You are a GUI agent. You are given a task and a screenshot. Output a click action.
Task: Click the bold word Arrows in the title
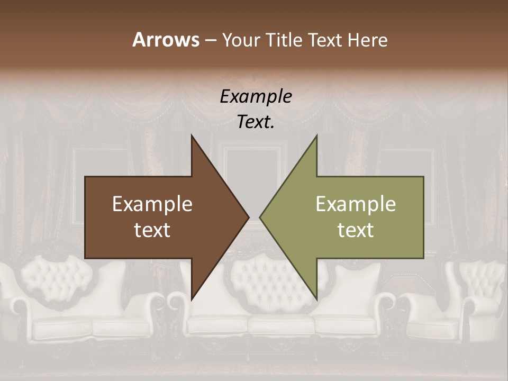point(166,40)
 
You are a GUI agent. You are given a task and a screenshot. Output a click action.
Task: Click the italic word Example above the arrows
point(256,97)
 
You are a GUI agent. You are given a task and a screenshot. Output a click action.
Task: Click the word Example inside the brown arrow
point(152,204)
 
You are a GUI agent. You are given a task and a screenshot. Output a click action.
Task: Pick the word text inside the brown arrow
point(152,230)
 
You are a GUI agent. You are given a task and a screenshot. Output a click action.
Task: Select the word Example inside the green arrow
point(356,204)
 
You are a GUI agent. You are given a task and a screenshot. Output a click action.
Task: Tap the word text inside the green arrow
point(356,230)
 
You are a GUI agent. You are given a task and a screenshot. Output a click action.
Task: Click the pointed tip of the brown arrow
point(248,217)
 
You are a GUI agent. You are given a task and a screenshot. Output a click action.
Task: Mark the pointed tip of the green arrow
point(260,217)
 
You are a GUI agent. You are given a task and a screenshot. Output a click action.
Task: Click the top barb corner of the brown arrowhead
point(192,136)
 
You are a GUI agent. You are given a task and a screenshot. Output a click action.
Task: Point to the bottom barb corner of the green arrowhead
point(316,299)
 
